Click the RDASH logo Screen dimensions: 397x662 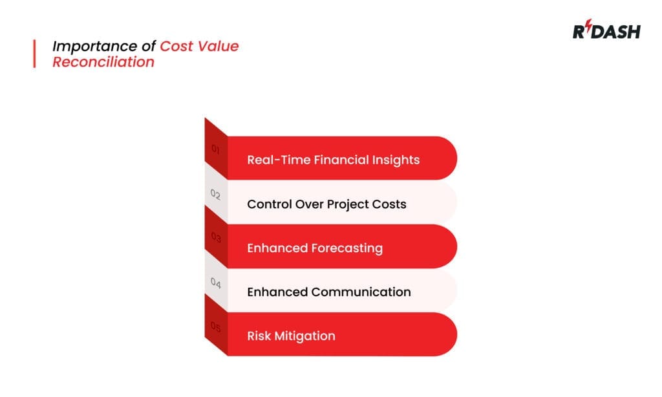[606, 31]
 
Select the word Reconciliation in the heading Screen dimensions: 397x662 [103, 62]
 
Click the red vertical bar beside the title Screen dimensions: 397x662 [34, 54]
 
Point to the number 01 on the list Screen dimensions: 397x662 [216, 150]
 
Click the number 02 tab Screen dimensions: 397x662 [216, 194]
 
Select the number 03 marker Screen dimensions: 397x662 [216, 238]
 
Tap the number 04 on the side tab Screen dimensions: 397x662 [216, 283]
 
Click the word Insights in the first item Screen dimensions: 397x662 [395, 160]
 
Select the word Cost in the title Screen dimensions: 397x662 [176, 47]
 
